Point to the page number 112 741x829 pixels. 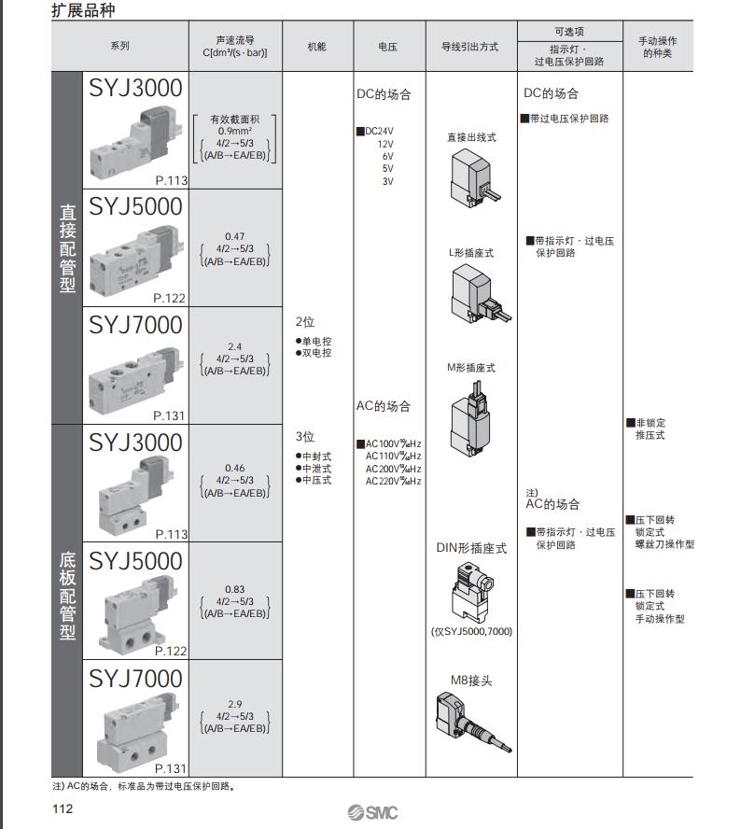tap(62, 809)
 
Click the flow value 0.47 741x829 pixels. tap(234, 237)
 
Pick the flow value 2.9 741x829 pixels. tap(234, 704)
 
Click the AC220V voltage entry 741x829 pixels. tap(393, 481)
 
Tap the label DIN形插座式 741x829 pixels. tap(471, 548)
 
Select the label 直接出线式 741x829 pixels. tap(471, 137)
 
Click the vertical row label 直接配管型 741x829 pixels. tap(67, 247)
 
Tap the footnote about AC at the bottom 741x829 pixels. tap(145, 785)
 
